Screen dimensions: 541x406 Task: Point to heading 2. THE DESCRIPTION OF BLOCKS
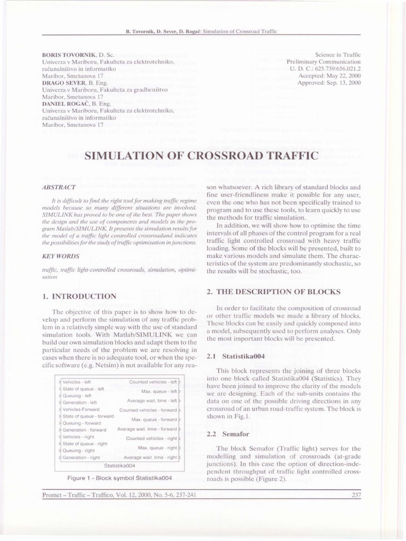273,292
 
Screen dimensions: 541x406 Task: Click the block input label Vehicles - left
78,381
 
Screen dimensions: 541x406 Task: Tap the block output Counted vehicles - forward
148,409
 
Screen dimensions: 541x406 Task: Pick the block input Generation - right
81,458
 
